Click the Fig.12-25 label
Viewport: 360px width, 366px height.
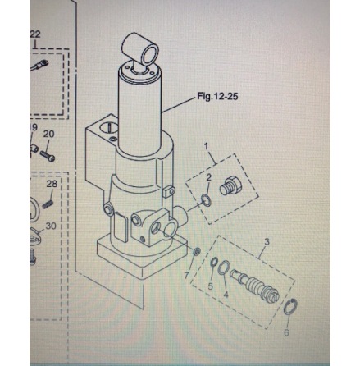[217, 96]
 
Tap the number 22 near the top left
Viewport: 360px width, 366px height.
[34, 34]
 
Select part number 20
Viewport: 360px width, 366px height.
[49, 134]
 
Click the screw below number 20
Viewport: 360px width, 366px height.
[48, 156]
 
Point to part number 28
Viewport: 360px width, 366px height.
[52, 184]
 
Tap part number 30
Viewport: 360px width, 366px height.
[51, 226]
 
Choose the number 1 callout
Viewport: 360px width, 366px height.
[207, 146]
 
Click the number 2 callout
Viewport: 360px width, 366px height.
[209, 178]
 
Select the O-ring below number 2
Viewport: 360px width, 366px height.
[206, 200]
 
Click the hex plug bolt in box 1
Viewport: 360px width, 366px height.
[230, 186]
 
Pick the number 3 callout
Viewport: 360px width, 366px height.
[267, 242]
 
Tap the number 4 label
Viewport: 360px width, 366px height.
[226, 295]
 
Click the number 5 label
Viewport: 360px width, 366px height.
[210, 286]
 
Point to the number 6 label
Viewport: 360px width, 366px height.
[286, 332]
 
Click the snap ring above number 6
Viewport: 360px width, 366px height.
[290, 307]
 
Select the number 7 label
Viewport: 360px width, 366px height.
[186, 276]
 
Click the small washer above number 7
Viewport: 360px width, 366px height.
[197, 252]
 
